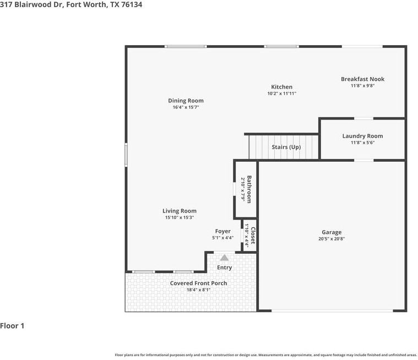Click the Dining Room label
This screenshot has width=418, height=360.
tap(186, 101)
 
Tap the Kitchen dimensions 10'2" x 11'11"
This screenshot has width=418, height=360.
tap(282, 94)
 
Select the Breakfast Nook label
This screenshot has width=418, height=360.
tap(362, 79)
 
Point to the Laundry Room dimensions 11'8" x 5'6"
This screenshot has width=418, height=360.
tap(362, 143)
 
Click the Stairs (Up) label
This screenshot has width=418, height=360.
tap(286, 147)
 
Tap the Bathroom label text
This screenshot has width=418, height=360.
tap(249, 189)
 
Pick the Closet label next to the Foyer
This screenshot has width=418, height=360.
tap(253, 235)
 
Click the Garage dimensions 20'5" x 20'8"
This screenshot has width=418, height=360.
tap(332, 239)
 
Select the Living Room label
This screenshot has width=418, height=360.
tap(180, 211)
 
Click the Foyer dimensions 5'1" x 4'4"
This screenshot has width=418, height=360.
tap(223, 238)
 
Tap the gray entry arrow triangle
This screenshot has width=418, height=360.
tap(225, 258)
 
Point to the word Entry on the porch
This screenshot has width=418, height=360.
tap(225, 268)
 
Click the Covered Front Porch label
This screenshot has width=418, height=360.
tap(199, 283)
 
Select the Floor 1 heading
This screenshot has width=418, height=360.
tap(12, 326)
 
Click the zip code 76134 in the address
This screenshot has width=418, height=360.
tap(132, 4)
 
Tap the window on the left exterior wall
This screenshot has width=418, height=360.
tap(126, 155)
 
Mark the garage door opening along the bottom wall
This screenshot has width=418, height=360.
tap(332, 310)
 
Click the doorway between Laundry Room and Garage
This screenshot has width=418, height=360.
tap(364, 160)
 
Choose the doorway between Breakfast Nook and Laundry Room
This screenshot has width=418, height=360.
tap(363, 118)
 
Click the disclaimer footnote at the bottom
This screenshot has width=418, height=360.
tap(266, 355)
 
